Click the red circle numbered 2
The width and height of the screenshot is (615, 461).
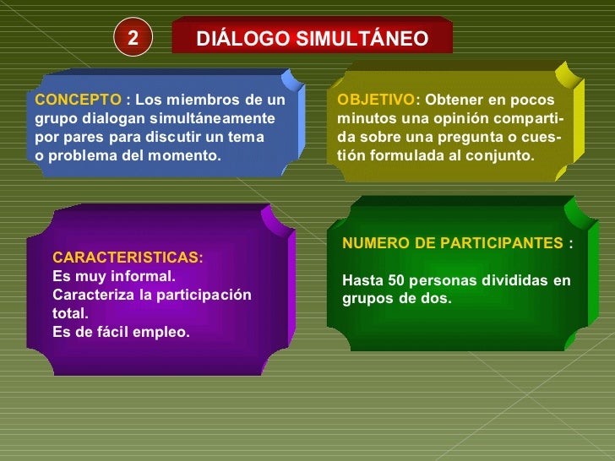[133, 38]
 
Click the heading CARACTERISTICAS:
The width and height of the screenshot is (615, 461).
[128, 258]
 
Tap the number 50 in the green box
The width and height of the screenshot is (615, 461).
[396, 280]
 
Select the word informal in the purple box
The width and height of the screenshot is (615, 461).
[146, 276]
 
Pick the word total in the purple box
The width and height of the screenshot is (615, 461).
[68, 313]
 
